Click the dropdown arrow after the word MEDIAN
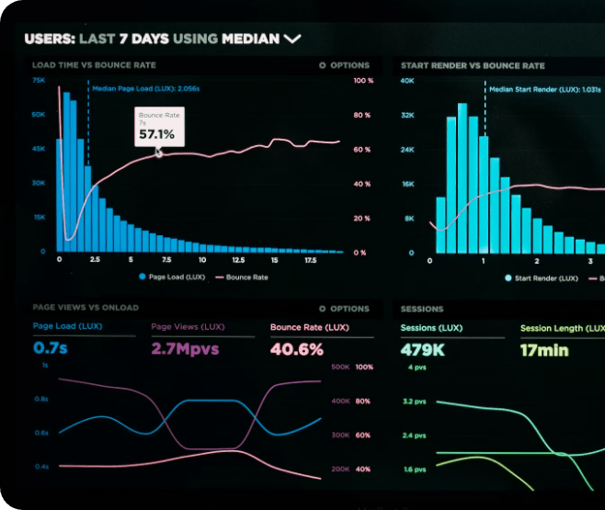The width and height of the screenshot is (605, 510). (292, 39)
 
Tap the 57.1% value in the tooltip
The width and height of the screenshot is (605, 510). (156, 134)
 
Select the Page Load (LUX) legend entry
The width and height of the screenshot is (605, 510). (172, 277)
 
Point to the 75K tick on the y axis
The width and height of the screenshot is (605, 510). (39, 81)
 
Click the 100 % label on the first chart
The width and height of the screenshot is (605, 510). (363, 81)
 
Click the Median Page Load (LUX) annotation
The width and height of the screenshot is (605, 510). (147, 89)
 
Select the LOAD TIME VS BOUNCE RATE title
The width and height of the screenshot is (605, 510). (94, 65)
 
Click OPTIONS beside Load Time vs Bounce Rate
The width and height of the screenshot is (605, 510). (344, 65)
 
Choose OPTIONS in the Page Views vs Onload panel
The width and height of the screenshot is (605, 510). (344, 309)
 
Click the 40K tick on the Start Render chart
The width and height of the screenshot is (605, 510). (407, 81)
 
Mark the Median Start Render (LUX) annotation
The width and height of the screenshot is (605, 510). (544, 89)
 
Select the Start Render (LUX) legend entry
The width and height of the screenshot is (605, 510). (542, 278)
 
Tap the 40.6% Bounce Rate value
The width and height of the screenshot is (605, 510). (296, 349)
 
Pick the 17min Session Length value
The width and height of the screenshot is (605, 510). (544, 349)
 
